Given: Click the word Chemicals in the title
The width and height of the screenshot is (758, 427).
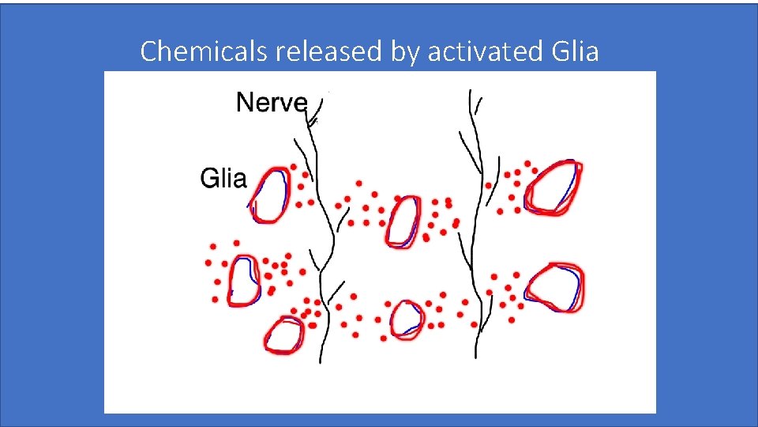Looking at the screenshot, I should pos(205,51).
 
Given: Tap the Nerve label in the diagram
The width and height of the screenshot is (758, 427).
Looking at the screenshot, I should pos(271,103).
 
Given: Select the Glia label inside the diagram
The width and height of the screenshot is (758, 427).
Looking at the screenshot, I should pos(223,179).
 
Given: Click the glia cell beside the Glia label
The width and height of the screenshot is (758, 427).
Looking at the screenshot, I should pos(271,194).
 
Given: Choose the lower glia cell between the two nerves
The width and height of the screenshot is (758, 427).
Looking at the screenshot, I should pos(407,319).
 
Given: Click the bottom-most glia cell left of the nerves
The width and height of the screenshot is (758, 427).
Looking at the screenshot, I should pos(283,334).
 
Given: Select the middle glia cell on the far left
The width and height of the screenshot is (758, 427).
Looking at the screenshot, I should pos(243,282).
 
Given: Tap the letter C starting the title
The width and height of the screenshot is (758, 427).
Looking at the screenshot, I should pos(148,51).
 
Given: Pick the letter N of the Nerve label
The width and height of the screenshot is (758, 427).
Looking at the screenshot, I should pos(245,103).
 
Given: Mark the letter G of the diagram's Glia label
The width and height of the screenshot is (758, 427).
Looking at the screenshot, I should pos(208,179).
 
